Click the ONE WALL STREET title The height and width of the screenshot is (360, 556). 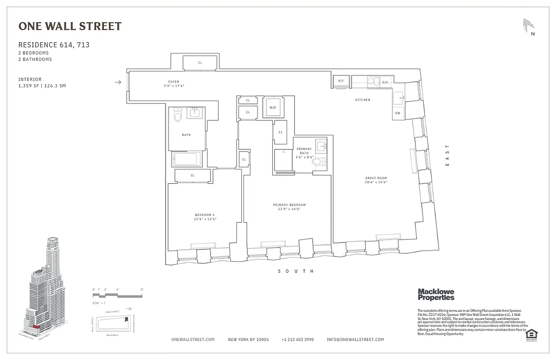(70, 26)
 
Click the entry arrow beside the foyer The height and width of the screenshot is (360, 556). (118, 82)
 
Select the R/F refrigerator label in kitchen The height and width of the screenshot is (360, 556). (341, 81)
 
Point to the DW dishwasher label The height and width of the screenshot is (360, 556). (398, 113)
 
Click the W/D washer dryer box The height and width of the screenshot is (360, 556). (273, 108)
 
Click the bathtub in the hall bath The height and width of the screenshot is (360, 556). (186, 159)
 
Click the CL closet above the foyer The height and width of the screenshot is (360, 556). (200, 63)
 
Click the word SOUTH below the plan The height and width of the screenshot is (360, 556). (296, 271)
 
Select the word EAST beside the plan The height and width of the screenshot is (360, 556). (447, 155)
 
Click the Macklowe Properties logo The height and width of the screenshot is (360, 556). (436, 294)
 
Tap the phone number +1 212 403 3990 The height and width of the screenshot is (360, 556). (297, 340)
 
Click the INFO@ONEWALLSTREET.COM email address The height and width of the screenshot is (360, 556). (355, 340)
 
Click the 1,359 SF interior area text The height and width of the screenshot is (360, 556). (42, 86)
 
